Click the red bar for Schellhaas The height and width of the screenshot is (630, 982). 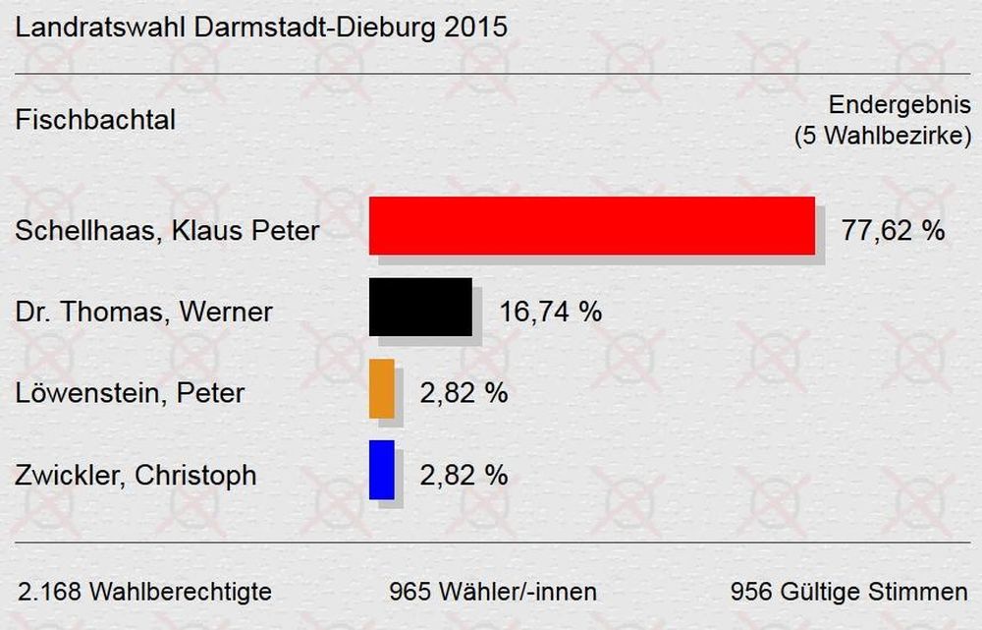pyautogui.click(x=591, y=225)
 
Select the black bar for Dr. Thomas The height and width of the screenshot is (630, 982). pyautogui.click(x=420, y=307)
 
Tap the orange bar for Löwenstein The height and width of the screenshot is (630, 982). pyautogui.click(x=382, y=388)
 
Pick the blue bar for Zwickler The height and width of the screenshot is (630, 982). pyautogui.click(x=382, y=470)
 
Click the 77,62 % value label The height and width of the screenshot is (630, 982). pyautogui.click(x=893, y=231)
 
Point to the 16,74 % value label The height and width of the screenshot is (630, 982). pyautogui.click(x=550, y=313)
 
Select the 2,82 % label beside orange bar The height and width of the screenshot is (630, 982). pyautogui.click(x=464, y=394)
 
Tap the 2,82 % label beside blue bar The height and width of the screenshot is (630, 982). pyautogui.click(x=464, y=476)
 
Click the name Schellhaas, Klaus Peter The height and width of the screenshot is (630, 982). pyautogui.click(x=168, y=232)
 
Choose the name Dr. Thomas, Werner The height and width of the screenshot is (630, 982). pyautogui.click(x=144, y=314)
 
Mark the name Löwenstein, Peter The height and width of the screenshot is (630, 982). pyautogui.click(x=131, y=394)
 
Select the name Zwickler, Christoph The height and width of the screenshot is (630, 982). pyautogui.click(x=136, y=476)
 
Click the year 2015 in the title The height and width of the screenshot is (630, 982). pyautogui.click(x=475, y=27)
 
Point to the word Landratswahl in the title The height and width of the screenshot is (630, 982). pyautogui.click(x=99, y=27)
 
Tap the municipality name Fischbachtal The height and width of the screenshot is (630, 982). pyautogui.click(x=96, y=121)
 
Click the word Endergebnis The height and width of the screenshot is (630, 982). pyautogui.click(x=900, y=106)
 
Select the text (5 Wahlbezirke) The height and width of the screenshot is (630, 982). pyautogui.click(x=882, y=136)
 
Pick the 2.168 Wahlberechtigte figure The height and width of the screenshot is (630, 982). pyautogui.click(x=145, y=593)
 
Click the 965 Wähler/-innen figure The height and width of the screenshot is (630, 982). pyautogui.click(x=493, y=593)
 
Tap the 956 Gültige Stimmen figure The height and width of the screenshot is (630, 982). pyautogui.click(x=848, y=593)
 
